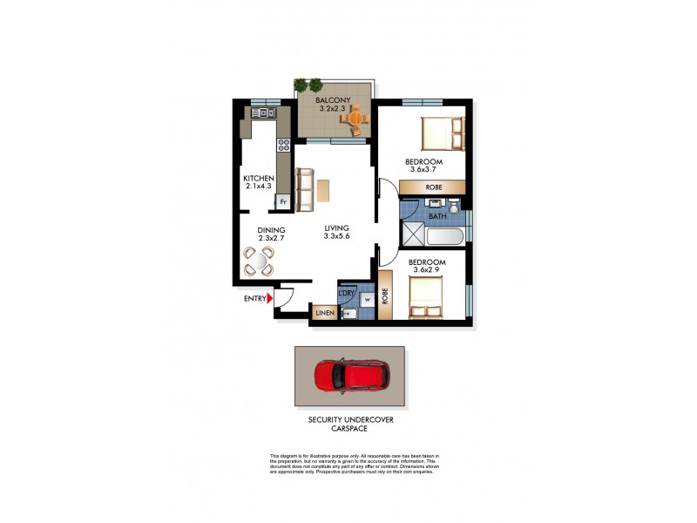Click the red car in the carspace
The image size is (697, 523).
pos(349,376)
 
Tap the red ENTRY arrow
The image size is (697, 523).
pos(271,299)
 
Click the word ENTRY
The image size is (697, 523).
pos(254,299)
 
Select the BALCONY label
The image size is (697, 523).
pos(334,101)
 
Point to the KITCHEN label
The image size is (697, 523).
pos(259,179)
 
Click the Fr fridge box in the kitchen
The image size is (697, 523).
pos(282,201)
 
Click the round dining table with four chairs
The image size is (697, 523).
pos(259,260)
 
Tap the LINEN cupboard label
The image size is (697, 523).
pos(325,311)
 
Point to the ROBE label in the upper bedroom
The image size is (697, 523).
pos(432,187)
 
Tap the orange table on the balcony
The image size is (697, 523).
pos(352,118)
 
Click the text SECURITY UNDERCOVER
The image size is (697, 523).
pos(350,419)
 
